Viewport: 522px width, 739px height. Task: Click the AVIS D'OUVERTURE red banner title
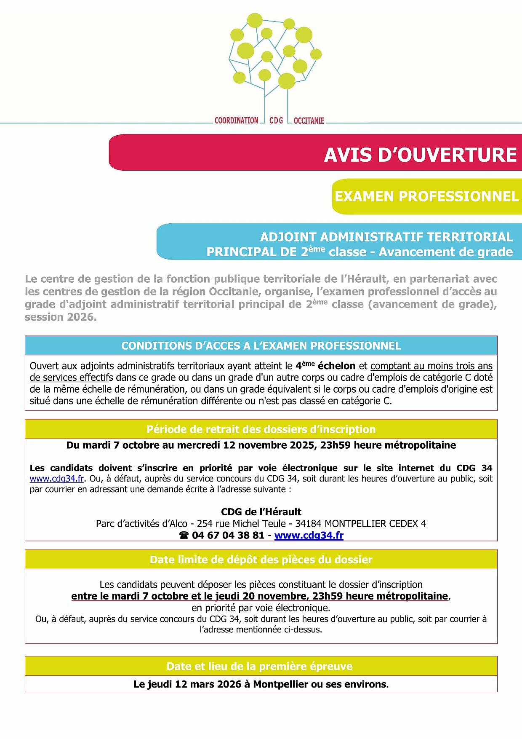coord(420,155)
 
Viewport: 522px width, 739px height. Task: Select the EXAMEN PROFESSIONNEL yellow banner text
coord(426,196)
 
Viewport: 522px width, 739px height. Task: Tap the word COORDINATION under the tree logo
coord(236,121)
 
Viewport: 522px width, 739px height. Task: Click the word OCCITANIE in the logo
coord(309,121)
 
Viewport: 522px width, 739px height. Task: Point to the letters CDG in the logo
coord(276,121)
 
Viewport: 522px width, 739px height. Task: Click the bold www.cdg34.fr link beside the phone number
coord(309,535)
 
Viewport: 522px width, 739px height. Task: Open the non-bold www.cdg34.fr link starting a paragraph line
coord(56,479)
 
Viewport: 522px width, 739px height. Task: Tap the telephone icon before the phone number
coord(184,536)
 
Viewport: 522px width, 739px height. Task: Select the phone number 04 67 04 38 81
coord(228,535)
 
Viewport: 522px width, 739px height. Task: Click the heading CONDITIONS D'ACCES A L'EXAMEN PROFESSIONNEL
coord(261,346)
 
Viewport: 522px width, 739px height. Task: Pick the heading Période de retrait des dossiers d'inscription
coord(261,429)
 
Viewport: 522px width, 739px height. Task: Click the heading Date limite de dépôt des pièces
coord(261,560)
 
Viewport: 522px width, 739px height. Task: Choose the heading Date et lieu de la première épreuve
coord(259,666)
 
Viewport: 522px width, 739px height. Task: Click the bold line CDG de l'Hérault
coord(261,512)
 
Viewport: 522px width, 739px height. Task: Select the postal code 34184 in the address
coord(308,524)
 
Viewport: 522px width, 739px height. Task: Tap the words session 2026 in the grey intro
coord(61,317)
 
